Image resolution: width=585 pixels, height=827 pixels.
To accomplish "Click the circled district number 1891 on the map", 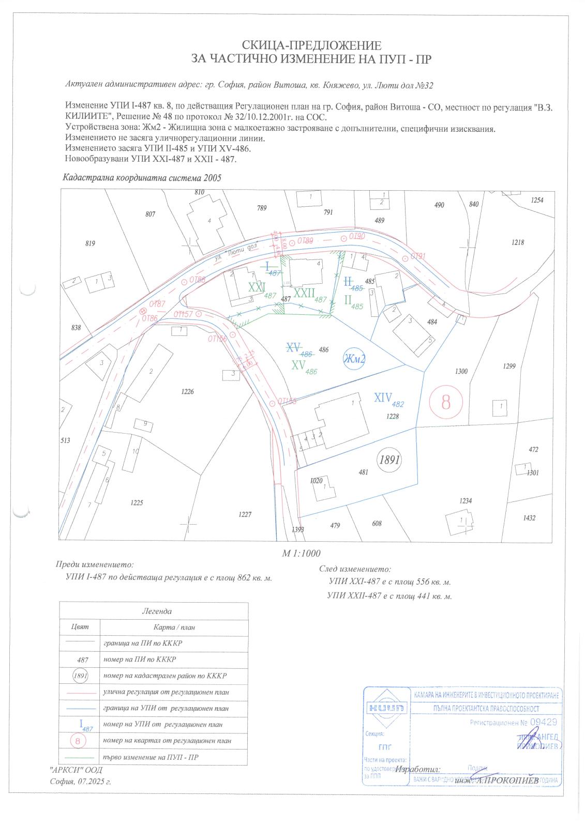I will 388,460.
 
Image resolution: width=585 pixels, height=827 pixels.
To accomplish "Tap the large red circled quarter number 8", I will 446,402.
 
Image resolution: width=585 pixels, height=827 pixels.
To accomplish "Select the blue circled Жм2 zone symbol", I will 354,360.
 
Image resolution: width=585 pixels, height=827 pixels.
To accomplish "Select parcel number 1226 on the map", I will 187,392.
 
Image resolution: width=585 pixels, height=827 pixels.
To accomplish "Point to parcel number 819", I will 91,243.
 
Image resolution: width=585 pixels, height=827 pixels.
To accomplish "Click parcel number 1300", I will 461,371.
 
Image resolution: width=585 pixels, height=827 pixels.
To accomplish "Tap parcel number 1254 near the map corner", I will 536,200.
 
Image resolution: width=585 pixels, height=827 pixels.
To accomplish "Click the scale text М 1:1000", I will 301,553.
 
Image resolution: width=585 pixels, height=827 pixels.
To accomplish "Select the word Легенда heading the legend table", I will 156,611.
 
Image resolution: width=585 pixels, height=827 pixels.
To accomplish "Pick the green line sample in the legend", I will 78,757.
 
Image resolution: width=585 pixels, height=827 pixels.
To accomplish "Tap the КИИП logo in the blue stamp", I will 386,708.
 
